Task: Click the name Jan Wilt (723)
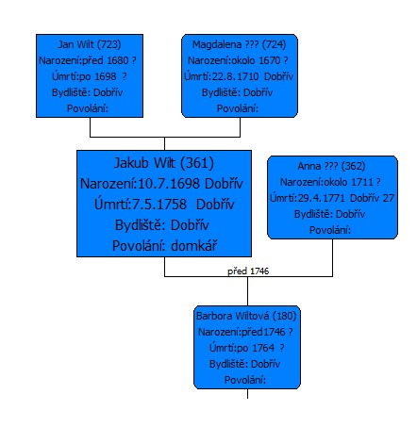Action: pyautogui.click(x=90, y=44)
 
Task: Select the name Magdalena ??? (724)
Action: pyautogui.click(x=240, y=44)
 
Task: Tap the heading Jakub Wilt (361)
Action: pyautogui.click(x=164, y=163)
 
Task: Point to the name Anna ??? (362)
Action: pyautogui.click(x=332, y=166)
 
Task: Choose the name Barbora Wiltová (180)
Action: pyautogui.click(x=246, y=316)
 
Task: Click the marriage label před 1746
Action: pyautogui.click(x=248, y=271)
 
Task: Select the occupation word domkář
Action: pyautogui.click(x=194, y=246)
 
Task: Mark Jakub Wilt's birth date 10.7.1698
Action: pyautogui.click(x=169, y=184)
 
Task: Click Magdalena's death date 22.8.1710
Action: pyautogui.click(x=236, y=76)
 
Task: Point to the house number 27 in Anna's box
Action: pyautogui.click(x=389, y=198)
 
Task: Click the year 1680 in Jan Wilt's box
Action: pyautogui.click(x=118, y=60)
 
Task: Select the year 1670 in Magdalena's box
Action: pyautogui.click(x=270, y=60)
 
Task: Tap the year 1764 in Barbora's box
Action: pyautogui.click(x=263, y=348)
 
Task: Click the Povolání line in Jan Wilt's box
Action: pyautogui.click(x=88, y=108)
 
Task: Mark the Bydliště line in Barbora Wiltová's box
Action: pyautogui.click(x=244, y=364)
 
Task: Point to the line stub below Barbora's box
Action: pyautogui.click(x=247, y=394)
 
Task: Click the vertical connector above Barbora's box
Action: pyautogui.click(x=247, y=291)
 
